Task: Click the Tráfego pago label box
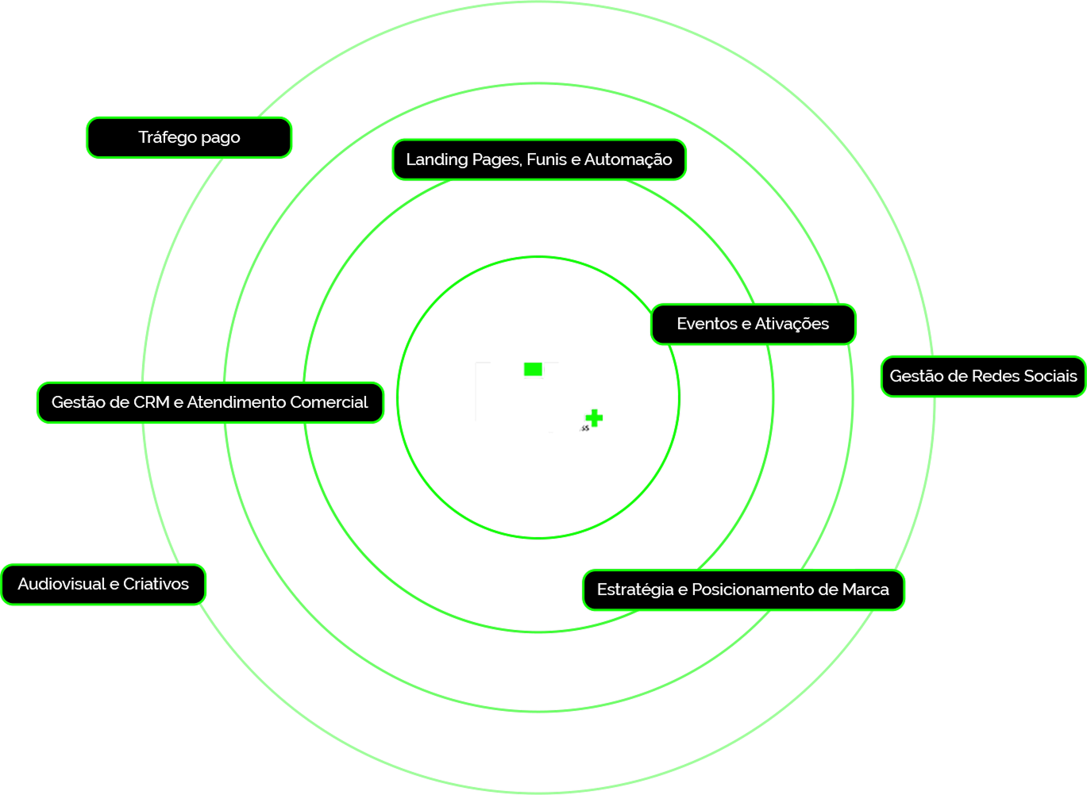pyautogui.click(x=189, y=137)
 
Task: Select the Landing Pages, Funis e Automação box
pyautogui.click(x=539, y=159)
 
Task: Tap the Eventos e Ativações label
pyautogui.click(x=753, y=324)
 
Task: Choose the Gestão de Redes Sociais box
pyautogui.click(x=983, y=376)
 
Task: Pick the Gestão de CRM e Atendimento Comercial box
pyautogui.click(x=210, y=402)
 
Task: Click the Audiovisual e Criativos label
pyautogui.click(x=103, y=584)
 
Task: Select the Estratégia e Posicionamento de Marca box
pyautogui.click(x=743, y=590)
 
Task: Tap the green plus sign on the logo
pyautogui.click(x=593, y=419)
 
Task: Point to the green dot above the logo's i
pyautogui.click(x=532, y=369)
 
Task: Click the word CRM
pyautogui.click(x=152, y=402)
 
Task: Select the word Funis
pyautogui.click(x=547, y=159)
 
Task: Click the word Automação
pyautogui.click(x=628, y=159)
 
